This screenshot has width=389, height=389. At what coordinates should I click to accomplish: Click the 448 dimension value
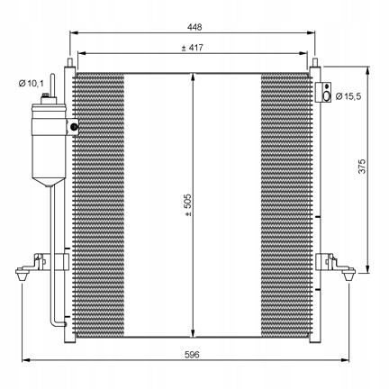(194, 27)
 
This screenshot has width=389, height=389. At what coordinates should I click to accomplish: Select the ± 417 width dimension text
(193, 48)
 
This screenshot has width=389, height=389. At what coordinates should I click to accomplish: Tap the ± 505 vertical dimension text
(188, 205)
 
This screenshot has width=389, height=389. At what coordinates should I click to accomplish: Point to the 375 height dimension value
(362, 167)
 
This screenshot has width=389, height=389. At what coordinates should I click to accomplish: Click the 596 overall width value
(192, 355)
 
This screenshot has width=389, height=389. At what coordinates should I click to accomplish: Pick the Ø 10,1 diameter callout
(31, 84)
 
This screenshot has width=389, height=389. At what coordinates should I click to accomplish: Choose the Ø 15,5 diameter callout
(348, 96)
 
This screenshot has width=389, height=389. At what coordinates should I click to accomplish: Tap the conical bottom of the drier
(49, 183)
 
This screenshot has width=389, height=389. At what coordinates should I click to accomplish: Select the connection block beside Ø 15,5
(323, 92)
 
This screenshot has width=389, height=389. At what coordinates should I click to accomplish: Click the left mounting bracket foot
(23, 274)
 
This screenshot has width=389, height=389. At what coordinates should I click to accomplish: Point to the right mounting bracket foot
(348, 274)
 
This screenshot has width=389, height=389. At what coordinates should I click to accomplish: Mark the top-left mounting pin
(70, 62)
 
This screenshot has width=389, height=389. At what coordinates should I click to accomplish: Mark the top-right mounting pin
(315, 62)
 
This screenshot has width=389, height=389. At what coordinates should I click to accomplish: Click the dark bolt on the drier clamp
(74, 127)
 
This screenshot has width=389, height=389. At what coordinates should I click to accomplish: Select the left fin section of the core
(99, 205)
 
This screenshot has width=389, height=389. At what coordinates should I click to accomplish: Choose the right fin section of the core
(286, 205)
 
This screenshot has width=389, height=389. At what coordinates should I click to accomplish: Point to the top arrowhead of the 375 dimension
(367, 70)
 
